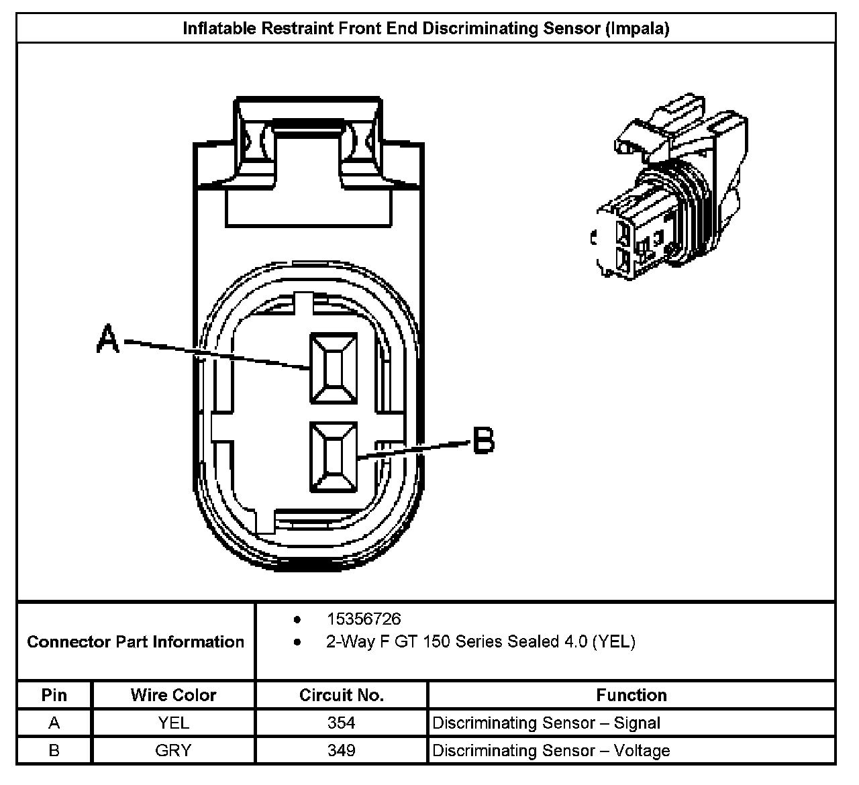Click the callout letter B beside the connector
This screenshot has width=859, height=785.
(x=483, y=441)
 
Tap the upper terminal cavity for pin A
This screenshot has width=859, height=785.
(x=332, y=368)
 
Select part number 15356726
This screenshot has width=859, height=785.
(x=363, y=619)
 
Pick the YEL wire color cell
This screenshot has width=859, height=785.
(x=173, y=723)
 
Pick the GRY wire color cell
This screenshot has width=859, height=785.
(x=173, y=750)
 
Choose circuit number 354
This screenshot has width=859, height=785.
(x=341, y=723)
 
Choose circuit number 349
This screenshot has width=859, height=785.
(x=341, y=750)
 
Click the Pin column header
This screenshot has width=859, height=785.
(x=54, y=695)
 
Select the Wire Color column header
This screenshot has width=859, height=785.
(x=173, y=695)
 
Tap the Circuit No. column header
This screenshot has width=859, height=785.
(x=341, y=695)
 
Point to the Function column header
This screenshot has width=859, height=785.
(x=631, y=695)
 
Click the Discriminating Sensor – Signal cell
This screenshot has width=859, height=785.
(x=546, y=723)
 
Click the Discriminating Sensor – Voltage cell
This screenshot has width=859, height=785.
(x=551, y=750)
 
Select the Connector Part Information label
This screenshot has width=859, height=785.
(x=136, y=641)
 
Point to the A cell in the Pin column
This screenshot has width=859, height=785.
(x=54, y=723)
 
